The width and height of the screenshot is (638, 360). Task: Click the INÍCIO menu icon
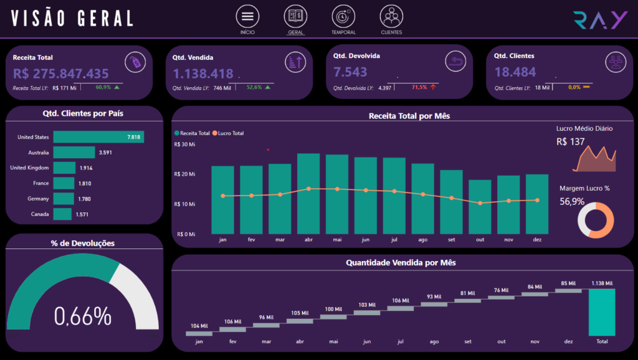[247, 16]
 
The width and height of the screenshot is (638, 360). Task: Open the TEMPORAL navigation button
[343, 16]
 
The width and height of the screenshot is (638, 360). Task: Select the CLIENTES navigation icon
[391, 16]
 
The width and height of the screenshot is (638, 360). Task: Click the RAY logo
[601, 20]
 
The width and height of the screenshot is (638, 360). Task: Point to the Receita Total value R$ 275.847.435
[61, 73]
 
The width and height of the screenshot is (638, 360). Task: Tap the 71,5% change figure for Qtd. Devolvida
[419, 87]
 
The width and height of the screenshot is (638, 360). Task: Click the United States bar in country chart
[98, 137]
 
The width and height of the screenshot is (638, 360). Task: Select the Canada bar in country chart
[62, 214]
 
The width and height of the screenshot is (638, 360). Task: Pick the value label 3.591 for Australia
[105, 152]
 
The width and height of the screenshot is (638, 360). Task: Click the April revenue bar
[308, 194]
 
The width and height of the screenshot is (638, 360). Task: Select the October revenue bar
[480, 207]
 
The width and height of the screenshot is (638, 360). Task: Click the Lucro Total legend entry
[229, 133]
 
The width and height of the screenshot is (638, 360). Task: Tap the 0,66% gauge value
[83, 316]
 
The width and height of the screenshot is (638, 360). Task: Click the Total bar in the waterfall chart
[602, 312]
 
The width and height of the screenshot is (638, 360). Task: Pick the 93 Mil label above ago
[434, 296]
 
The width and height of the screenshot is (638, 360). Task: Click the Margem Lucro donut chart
[596, 220]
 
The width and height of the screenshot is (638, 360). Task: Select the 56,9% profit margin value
[572, 201]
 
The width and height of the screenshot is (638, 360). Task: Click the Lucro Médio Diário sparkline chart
[594, 159]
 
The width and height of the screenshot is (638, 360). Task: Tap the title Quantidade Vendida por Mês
[401, 263]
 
